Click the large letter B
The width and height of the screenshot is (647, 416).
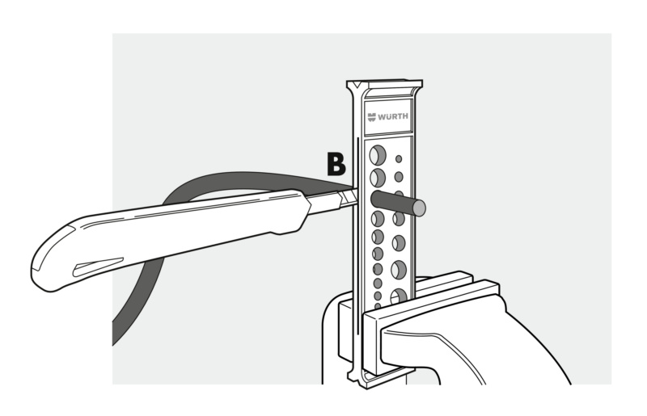point(336,164)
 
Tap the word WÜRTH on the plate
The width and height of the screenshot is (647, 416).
point(393,116)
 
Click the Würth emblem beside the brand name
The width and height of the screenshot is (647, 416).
point(372,117)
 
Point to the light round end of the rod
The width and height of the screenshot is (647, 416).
point(419,208)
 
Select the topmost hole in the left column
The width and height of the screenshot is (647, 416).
point(377,155)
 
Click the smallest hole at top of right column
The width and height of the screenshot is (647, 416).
point(399,159)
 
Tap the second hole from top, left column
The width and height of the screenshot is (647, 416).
point(377,178)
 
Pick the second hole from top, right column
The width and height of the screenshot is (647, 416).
point(399,177)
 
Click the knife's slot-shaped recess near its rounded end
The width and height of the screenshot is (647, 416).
point(97,267)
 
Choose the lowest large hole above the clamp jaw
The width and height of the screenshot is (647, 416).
point(399,296)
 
